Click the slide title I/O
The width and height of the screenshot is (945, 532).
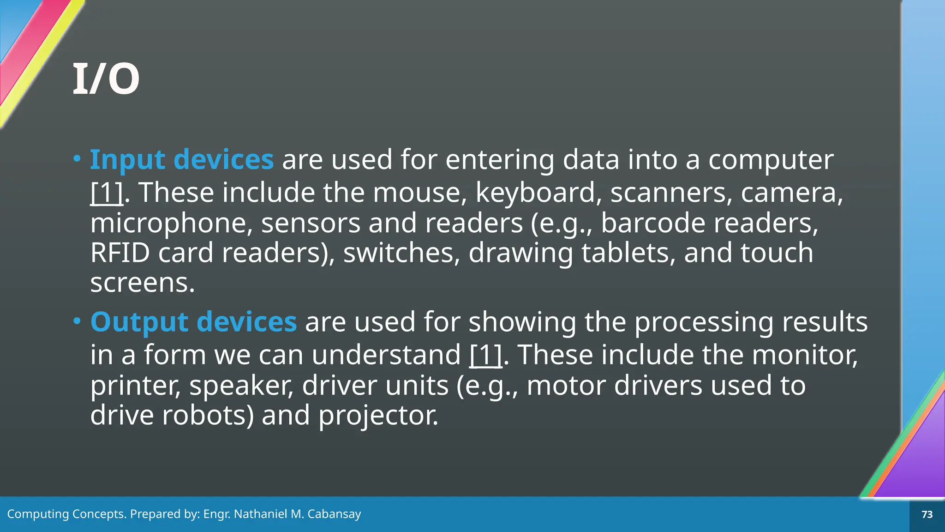pos(106,79)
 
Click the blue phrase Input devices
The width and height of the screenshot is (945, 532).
pos(182,160)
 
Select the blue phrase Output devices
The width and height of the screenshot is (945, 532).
pos(193,322)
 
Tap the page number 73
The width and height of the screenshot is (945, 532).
pos(927,514)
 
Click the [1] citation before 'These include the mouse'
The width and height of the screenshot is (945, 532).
pos(107,193)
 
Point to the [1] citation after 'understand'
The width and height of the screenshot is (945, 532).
pos(485,355)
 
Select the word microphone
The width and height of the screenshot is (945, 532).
pos(171,224)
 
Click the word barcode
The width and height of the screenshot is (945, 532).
pos(653,224)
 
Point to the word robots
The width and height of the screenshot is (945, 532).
pos(209,415)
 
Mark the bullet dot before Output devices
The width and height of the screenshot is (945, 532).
pos(77,321)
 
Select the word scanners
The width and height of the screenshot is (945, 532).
pos(671,193)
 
